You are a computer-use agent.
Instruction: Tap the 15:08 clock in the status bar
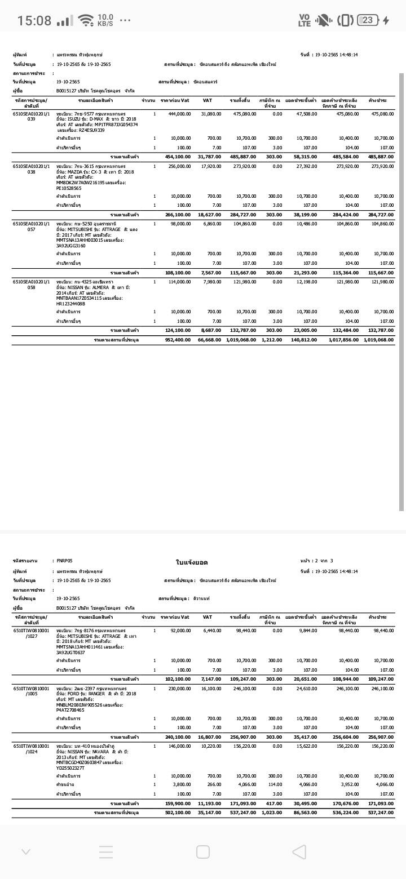coord(34,21)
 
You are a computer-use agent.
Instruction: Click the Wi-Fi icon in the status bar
coord(86,21)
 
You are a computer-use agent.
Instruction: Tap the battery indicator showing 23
coord(367,20)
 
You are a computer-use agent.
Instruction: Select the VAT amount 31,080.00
coord(211,114)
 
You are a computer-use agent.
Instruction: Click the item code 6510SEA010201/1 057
coord(31,227)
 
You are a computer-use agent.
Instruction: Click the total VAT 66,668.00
coord(211,340)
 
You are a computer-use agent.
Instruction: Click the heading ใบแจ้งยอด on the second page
coord(192,562)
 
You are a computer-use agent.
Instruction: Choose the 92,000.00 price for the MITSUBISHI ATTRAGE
coord(180,631)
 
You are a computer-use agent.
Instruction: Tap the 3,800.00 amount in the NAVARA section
coord(182,784)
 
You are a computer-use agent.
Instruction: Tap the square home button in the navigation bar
coord(203,851)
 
